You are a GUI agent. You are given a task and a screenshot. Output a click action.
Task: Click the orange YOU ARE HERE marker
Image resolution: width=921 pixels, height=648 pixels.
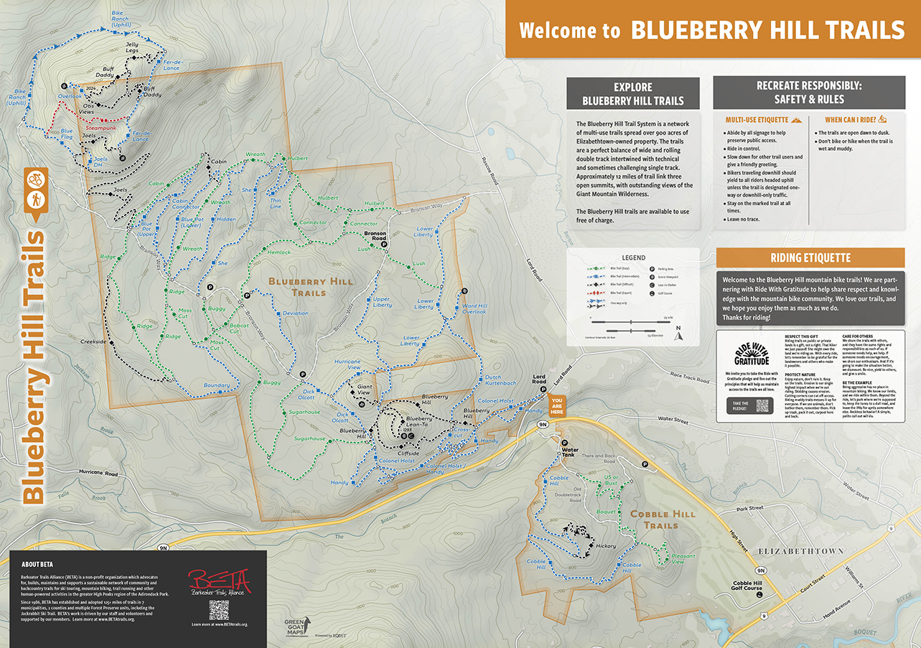pos(556,406)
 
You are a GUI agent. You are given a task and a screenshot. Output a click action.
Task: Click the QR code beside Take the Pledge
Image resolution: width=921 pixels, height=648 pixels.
pos(762,405)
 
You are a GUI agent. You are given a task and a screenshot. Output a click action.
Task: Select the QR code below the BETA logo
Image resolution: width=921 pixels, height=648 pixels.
pos(219,610)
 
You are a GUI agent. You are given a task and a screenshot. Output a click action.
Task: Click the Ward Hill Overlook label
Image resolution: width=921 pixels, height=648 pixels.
pos(474,309)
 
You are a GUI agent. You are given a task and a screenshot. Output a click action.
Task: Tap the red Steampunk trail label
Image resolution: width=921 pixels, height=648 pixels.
pos(100,128)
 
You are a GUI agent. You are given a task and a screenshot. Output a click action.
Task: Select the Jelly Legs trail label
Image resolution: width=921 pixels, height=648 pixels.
pos(131,48)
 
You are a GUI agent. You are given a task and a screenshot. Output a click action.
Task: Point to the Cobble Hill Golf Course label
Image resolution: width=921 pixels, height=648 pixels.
pos(747,586)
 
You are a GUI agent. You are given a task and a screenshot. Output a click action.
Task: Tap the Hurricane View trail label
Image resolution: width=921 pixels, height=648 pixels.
pos(347,365)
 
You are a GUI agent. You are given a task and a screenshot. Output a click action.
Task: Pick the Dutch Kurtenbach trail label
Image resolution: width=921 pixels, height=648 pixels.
pos(500,380)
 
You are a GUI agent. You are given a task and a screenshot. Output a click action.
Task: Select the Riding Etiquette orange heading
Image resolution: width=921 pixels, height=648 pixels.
pos(810,258)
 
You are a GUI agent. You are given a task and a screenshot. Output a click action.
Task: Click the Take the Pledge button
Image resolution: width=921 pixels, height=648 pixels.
pos(739,405)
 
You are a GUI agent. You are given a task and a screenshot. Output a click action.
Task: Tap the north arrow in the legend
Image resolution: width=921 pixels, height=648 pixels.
pos(678,332)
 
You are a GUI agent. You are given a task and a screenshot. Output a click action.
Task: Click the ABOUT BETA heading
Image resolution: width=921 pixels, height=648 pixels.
pos(37,563)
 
